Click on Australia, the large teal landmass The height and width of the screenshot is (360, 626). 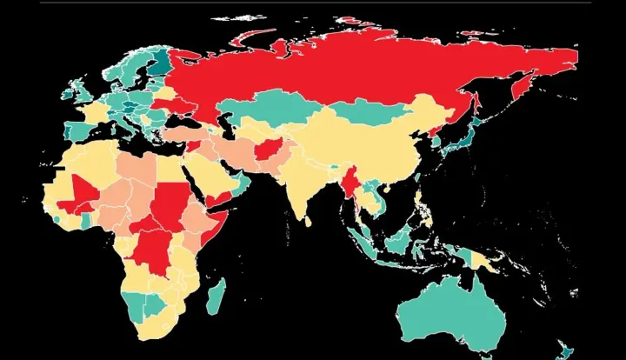(x=452, y=309)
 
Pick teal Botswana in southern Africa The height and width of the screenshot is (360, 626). (x=156, y=305)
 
